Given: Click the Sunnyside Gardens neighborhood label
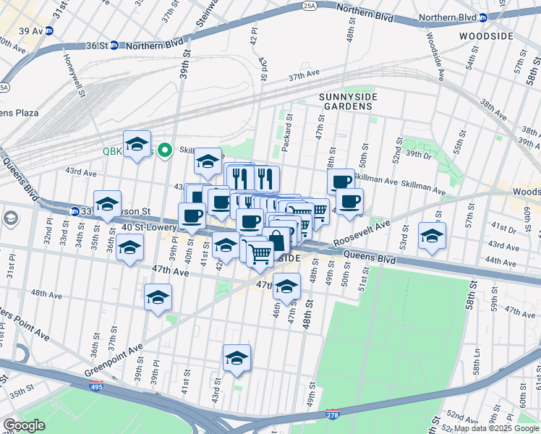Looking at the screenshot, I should coord(346,100).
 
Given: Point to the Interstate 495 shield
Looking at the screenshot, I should coord(96,388).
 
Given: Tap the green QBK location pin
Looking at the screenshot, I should coord(164,150).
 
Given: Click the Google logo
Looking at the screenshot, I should coord(24,425).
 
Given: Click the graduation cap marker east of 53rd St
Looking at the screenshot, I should coord(433,236).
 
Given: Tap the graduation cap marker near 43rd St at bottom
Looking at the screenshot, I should coord(237,357).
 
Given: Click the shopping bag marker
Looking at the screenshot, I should coord(276,239).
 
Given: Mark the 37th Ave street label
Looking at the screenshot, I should coord(304,75).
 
